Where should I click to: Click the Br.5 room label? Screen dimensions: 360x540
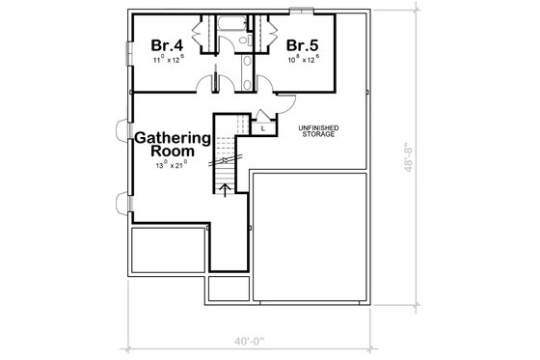tap(301, 44)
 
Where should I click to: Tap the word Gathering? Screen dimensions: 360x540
tap(173, 136)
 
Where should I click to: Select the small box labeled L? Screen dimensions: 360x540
tap(261, 126)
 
